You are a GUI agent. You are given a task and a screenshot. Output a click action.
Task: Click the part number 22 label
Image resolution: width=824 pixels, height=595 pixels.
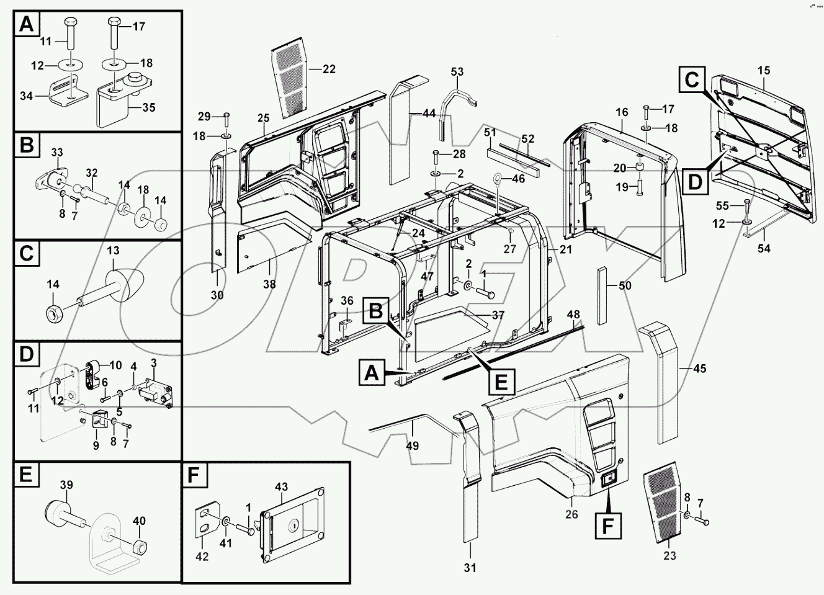(x=329, y=69)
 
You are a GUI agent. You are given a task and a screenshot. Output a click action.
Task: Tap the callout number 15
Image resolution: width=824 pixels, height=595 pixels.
(x=763, y=71)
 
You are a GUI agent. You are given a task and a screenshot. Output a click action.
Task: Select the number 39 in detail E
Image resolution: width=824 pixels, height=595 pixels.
(x=66, y=485)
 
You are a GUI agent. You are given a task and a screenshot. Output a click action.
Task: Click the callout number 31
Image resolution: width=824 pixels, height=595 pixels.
(x=470, y=567)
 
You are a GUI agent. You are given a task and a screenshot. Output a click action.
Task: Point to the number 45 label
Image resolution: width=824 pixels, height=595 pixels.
(x=699, y=369)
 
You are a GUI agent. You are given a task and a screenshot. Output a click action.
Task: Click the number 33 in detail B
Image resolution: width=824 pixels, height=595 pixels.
(x=57, y=152)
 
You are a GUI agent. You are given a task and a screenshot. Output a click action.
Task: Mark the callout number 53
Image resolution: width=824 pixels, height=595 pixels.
(x=457, y=73)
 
